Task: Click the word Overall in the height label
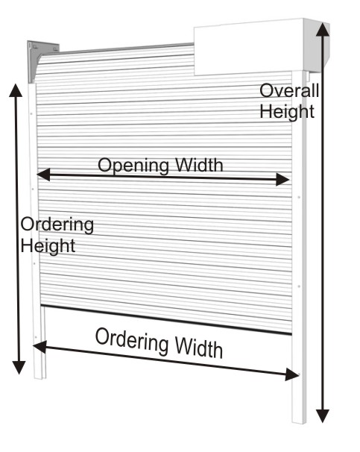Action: coord(289,90)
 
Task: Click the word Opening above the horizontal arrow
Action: coord(133,165)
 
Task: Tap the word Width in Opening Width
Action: coord(199,165)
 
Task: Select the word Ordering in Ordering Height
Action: coord(57,225)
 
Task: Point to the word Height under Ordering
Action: coord(48,246)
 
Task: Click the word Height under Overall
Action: coord(287,111)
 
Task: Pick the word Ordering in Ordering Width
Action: coord(132,340)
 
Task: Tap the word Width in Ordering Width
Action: coord(199,348)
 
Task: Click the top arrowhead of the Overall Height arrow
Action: coord(323,29)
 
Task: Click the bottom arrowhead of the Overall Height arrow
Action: coord(323,416)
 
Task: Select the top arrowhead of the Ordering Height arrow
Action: coord(16,90)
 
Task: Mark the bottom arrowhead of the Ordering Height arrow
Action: coord(19,368)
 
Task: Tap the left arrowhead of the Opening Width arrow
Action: coord(43,175)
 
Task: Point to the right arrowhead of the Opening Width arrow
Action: coord(282,179)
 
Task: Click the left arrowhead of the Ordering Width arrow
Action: coord(40,346)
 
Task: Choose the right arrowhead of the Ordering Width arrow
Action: coord(292,374)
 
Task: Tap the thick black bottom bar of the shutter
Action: coord(166,319)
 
